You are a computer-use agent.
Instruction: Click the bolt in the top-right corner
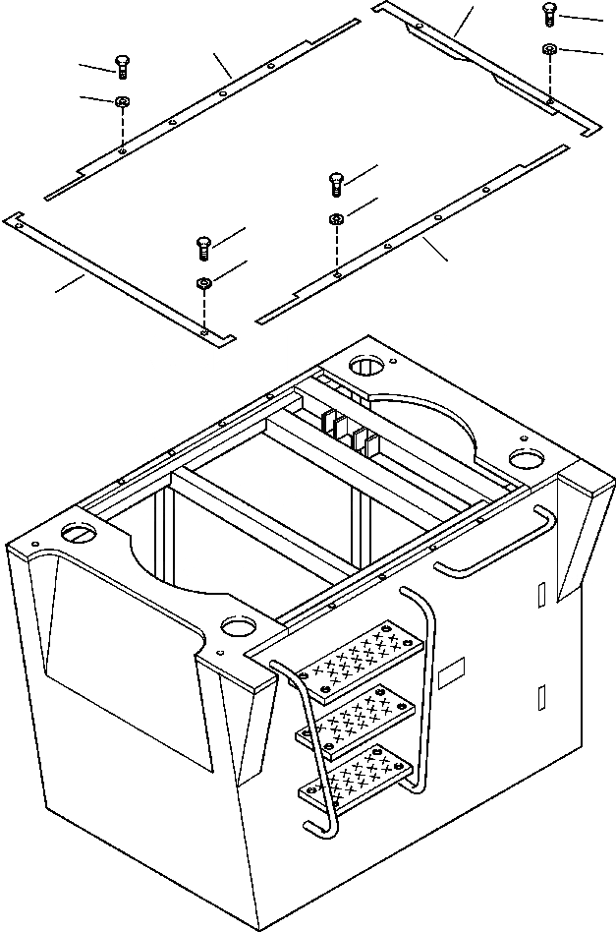[549, 14]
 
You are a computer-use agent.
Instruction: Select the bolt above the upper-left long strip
[122, 65]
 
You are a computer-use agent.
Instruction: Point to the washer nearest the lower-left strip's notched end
[203, 284]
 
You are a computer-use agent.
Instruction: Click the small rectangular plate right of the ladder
[451, 674]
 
